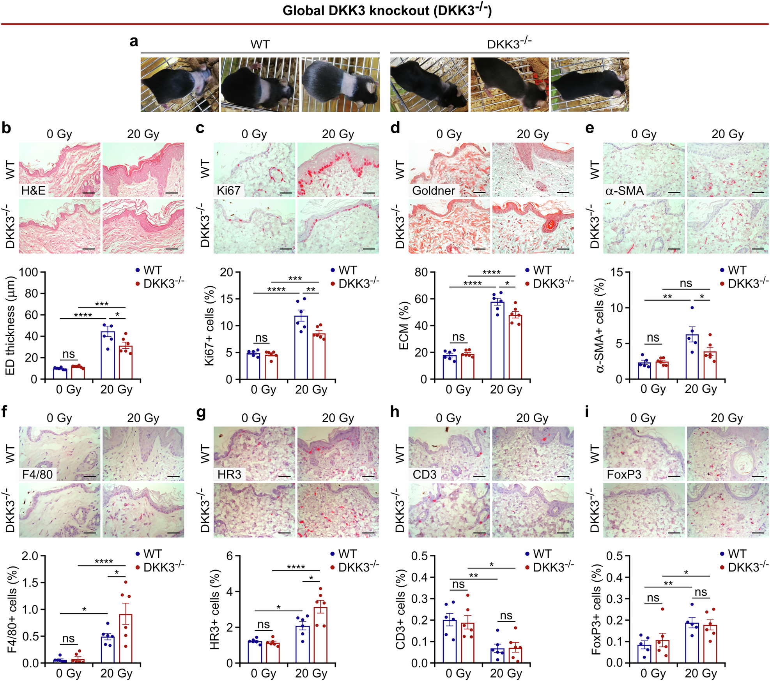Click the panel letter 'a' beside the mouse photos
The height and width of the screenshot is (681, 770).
(x=134, y=41)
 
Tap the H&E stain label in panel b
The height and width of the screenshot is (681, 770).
(x=33, y=190)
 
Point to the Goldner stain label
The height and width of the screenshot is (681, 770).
(x=433, y=191)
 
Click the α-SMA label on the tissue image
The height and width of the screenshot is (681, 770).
(x=624, y=191)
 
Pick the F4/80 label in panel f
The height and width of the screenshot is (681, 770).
(x=37, y=474)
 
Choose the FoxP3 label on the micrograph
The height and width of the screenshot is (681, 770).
(x=624, y=474)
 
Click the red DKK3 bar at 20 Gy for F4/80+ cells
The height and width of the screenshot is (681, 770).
(x=126, y=639)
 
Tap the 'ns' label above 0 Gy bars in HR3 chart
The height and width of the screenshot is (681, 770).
(x=264, y=625)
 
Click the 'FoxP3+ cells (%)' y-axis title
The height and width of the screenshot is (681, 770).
(x=596, y=610)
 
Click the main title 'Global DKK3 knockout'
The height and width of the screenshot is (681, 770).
(x=387, y=11)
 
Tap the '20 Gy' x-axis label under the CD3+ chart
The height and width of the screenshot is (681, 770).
(x=506, y=673)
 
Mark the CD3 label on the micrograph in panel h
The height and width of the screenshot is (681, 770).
(x=425, y=474)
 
